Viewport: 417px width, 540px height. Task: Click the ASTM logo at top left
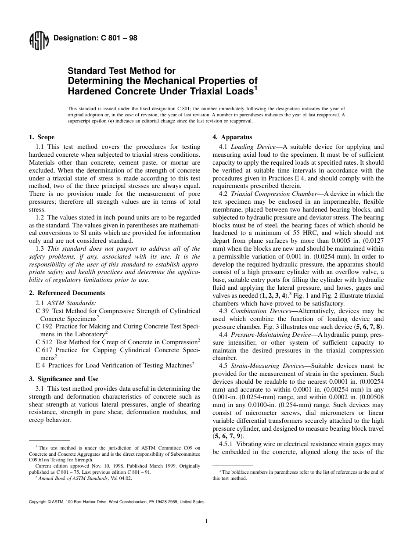tap(39, 42)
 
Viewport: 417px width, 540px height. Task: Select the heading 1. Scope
tap(42, 137)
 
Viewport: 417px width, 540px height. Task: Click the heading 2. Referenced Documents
tap(67, 293)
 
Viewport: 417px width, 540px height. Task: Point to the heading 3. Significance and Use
tap(63, 379)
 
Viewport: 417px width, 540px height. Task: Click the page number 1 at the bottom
tap(206, 521)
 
